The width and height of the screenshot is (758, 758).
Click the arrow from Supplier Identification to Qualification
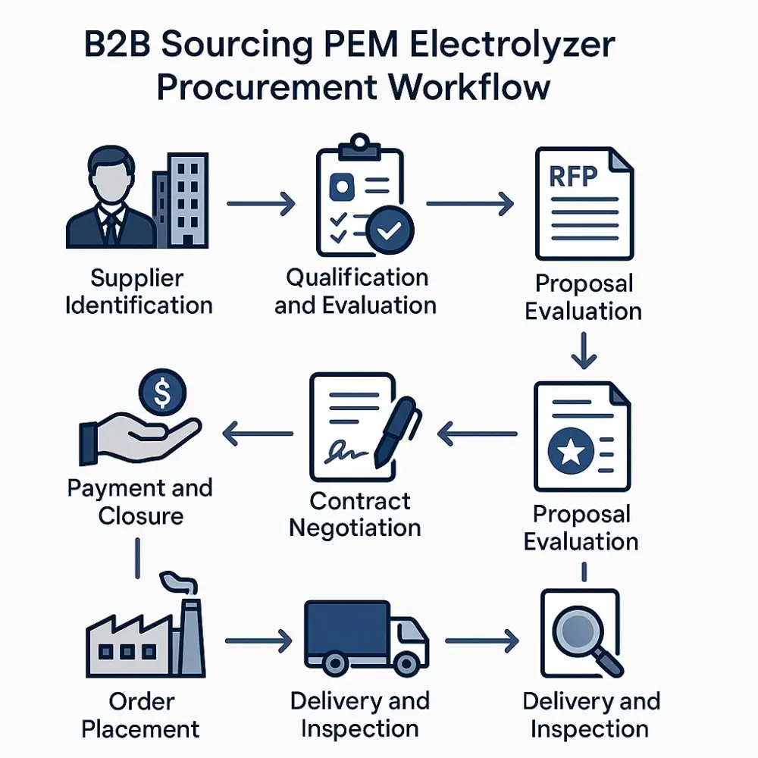260,203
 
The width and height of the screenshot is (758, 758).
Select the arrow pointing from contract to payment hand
257,434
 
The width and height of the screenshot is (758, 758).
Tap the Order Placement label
141,715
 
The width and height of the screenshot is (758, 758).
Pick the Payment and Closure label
140,502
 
